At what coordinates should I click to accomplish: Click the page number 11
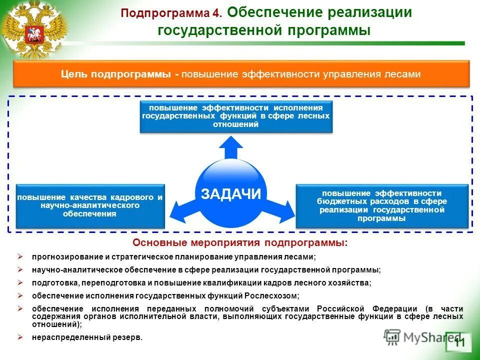(x=459, y=342)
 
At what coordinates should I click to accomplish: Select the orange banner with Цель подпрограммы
(x=241, y=74)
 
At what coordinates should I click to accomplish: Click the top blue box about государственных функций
(x=236, y=116)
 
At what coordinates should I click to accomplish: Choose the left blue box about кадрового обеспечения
(x=90, y=205)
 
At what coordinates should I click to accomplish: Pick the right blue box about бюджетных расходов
(x=382, y=205)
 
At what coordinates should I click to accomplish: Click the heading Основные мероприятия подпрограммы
(x=239, y=243)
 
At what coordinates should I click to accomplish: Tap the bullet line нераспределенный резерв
(x=87, y=337)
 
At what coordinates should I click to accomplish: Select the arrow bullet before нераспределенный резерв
(x=20, y=336)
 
